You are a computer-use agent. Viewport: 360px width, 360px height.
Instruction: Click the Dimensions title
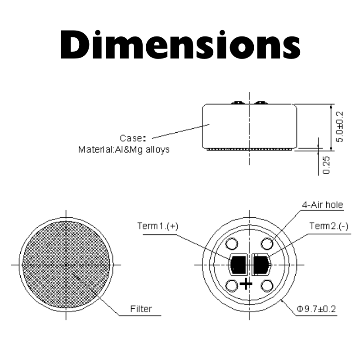(180, 45)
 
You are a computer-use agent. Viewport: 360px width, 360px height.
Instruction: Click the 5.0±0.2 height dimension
(339, 127)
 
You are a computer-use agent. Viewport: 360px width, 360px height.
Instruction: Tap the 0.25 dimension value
(326, 165)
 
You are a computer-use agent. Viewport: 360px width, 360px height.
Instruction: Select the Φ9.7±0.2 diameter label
(316, 309)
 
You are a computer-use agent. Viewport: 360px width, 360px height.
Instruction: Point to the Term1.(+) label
(158, 226)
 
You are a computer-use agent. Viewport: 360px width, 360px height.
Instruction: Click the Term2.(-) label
(329, 226)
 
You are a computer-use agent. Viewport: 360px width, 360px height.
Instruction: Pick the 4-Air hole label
(322, 205)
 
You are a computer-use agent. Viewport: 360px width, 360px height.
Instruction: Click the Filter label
(141, 309)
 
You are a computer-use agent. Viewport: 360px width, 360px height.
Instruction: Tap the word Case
(131, 138)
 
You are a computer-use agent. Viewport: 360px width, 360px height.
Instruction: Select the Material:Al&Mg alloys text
(124, 149)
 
